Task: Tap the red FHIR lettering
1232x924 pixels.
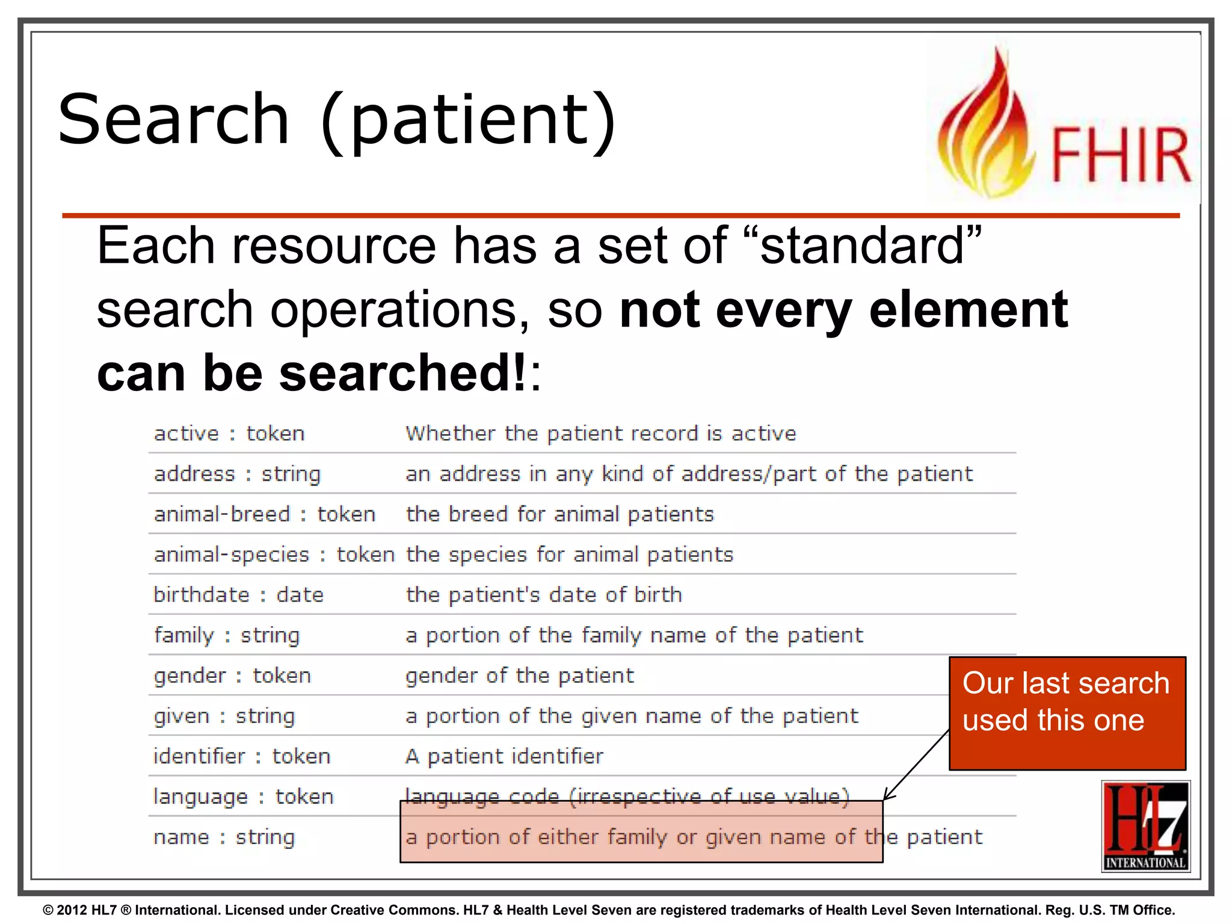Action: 1120,155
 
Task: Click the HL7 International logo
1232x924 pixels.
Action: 1145,825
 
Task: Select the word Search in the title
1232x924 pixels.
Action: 174,120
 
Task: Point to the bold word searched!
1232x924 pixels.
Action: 402,373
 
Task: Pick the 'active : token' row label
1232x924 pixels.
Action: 229,434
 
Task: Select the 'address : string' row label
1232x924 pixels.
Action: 237,474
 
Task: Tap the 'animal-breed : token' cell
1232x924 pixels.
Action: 265,514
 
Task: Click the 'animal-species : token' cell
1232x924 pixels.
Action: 274,555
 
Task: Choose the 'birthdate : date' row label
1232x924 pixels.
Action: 238,595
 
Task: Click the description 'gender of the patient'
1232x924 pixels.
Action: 519,676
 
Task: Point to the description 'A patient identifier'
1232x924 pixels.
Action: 504,756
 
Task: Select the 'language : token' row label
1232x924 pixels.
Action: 243,796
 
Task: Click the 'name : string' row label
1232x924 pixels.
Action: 224,837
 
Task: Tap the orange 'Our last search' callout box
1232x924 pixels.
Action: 1067,713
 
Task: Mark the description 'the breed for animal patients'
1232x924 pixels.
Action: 559,514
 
